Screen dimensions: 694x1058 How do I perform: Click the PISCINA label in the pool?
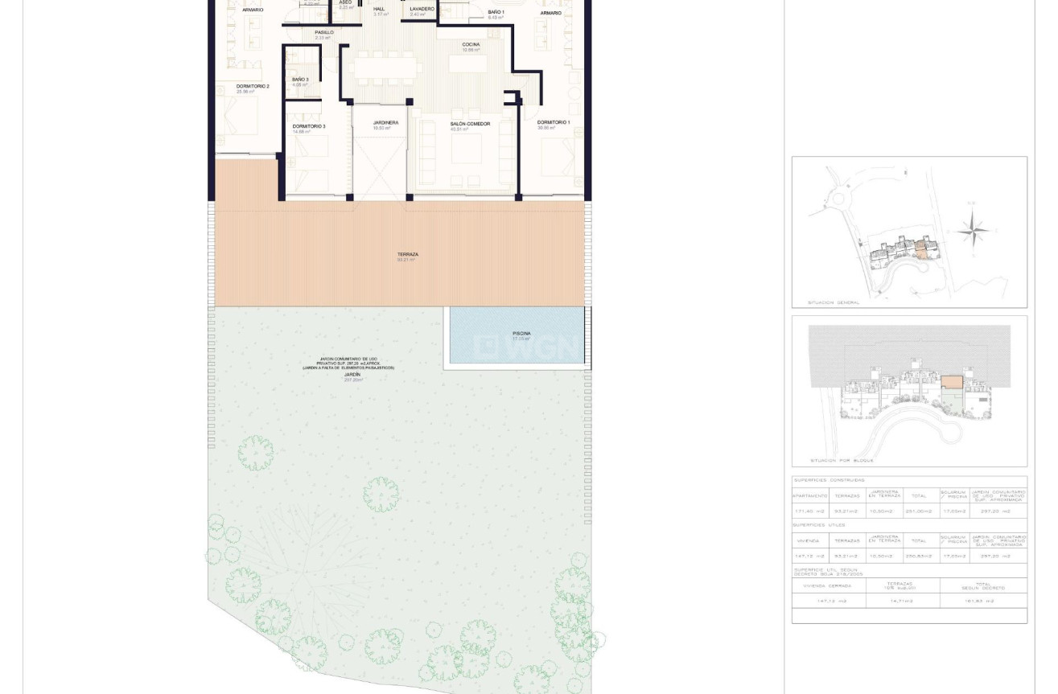tap(521, 334)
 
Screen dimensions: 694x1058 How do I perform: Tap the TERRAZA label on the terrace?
tap(407, 255)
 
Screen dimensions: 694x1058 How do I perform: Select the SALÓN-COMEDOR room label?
tap(470, 124)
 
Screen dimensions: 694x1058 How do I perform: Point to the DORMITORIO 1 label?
tap(554, 122)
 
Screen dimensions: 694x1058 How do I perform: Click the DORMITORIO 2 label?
tap(253, 86)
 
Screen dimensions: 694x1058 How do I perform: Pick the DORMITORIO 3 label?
tap(309, 126)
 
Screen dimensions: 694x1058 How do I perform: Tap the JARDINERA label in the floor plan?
tap(385, 123)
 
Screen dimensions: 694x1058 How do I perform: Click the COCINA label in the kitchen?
tap(471, 45)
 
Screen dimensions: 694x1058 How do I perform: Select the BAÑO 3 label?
tap(300, 80)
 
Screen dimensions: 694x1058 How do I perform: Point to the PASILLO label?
tap(324, 33)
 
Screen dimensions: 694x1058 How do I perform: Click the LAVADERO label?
tap(422, 9)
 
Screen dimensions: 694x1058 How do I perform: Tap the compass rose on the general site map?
tap(973, 232)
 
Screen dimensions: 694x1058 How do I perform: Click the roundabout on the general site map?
tap(840, 197)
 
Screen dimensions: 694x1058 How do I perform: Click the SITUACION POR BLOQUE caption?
tap(841, 461)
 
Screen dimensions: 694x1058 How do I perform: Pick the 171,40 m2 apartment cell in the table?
tap(809, 511)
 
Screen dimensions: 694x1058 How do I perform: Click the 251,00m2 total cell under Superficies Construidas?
tap(918, 511)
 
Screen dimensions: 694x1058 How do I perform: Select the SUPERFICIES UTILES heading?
tap(821, 525)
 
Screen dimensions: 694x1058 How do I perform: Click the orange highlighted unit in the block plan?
tap(952, 382)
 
